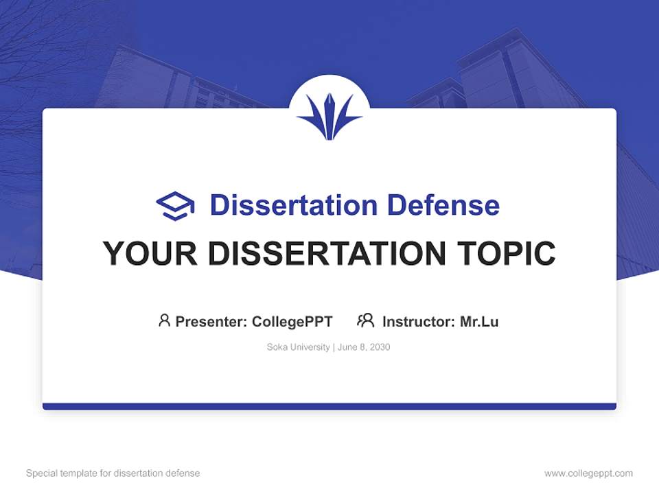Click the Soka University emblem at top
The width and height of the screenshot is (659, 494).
[x=329, y=115]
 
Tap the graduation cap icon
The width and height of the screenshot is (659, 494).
[x=175, y=206]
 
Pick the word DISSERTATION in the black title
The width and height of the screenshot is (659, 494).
[x=326, y=254]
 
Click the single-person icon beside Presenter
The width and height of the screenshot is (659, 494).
[x=164, y=320]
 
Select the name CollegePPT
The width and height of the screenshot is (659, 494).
[x=292, y=321]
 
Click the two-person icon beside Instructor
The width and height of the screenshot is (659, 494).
[x=365, y=320]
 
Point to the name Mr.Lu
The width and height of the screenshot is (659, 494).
[x=479, y=321]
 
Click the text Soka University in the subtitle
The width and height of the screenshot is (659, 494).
[x=298, y=347]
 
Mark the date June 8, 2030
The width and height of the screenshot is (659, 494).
[x=364, y=347]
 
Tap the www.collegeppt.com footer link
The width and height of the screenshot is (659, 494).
[x=588, y=473]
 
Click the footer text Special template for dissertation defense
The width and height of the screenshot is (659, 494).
[x=113, y=473]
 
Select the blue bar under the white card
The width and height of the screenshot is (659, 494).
[x=329, y=406]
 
